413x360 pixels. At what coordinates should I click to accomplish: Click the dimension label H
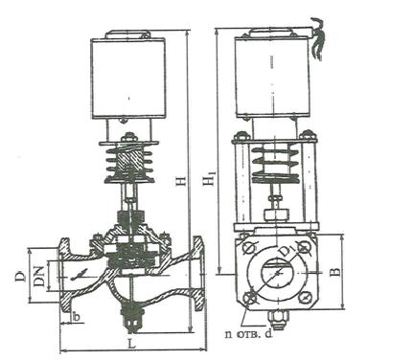[181, 180]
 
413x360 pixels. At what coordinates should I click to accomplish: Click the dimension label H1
[210, 179]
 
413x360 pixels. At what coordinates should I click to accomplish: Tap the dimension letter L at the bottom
[131, 344]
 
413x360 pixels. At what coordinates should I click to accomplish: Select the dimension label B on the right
[335, 272]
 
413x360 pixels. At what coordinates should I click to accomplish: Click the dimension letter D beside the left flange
[20, 276]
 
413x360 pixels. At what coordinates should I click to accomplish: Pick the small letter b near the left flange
[76, 317]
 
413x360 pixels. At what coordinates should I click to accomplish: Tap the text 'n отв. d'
[249, 334]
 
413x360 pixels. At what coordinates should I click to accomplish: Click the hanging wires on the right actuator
[318, 39]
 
